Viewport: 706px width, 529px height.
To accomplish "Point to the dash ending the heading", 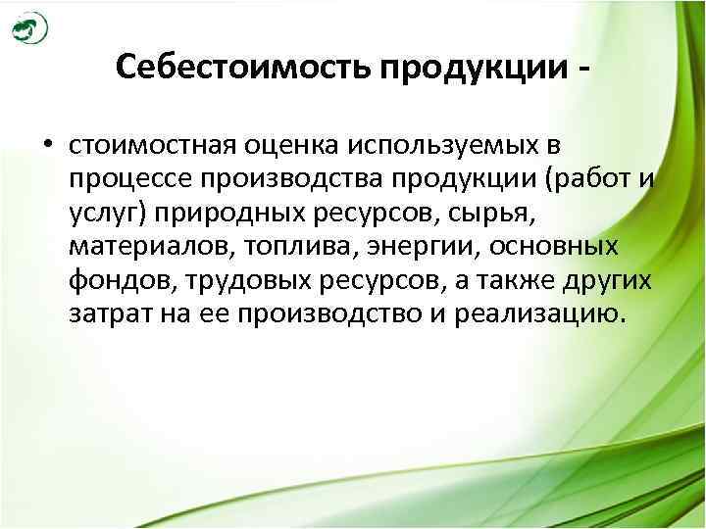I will tap(585, 69).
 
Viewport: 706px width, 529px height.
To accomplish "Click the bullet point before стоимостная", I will tap(46, 147).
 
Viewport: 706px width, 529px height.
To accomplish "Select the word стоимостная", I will tap(148, 147).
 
